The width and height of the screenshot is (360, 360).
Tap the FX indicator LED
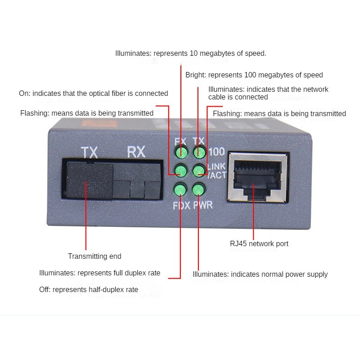tap(181, 153)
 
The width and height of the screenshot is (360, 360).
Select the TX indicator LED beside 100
tap(198, 153)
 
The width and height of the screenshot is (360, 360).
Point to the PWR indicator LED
tap(198, 190)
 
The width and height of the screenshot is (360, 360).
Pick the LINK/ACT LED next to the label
tap(198, 171)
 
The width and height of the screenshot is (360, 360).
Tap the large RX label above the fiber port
tap(136, 152)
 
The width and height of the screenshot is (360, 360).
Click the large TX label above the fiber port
tap(89, 152)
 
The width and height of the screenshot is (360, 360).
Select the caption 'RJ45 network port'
tap(259, 244)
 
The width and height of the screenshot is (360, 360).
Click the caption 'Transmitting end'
tap(94, 256)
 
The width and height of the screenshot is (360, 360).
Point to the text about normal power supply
tap(260, 274)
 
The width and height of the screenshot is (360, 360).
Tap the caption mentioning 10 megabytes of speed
tap(191, 54)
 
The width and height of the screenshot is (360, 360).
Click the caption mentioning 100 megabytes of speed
tap(254, 75)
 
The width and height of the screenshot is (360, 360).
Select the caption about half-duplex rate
tap(89, 290)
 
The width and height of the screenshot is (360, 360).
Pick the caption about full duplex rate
tap(99, 273)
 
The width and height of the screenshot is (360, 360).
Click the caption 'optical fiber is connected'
tap(93, 94)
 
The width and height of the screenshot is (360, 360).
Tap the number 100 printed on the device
tap(216, 152)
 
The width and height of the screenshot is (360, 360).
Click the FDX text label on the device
tap(181, 206)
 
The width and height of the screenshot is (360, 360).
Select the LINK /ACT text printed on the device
tap(216, 171)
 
